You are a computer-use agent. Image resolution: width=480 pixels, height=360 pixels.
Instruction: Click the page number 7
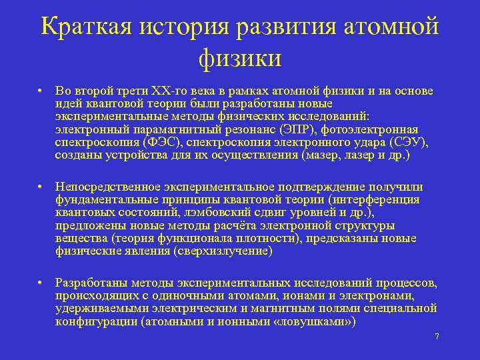437,337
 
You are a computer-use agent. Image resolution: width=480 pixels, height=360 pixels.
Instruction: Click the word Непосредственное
105,187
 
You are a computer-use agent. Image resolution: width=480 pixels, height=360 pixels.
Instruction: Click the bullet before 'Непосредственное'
41,187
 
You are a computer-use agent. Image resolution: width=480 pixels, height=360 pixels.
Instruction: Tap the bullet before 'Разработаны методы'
41,283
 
